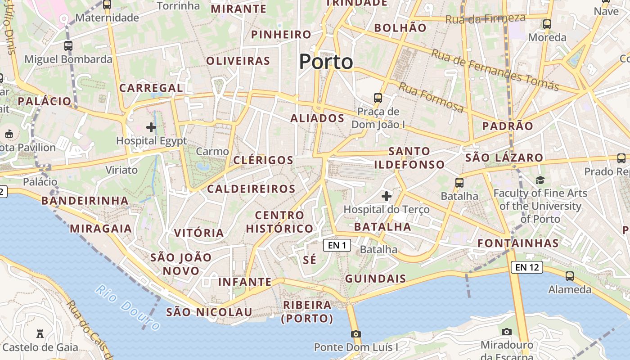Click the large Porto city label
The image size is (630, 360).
pyautogui.click(x=326, y=62)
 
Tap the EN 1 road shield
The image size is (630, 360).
pyautogui.click(x=337, y=245)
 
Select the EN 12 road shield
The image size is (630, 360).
pyautogui.click(x=526, y=267)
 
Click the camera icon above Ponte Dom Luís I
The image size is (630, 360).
pyautogui.click(x=356, y=334)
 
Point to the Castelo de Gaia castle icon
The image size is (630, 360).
pyautogui.click(x=40, y=334)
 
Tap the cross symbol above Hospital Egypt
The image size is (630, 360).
pyautogui.click(x=151, y=127)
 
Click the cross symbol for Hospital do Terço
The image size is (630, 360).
pyautogui.click(x=386, y=196)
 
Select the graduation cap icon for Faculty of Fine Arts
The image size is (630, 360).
pyautogui.click(x=540, y=180)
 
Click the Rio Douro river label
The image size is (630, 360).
pyautogui.click(x=128, y=308)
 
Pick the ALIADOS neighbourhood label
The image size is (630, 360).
pyautogui.click(x=317, y=118)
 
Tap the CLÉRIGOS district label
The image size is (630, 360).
pyautogui.click(x=263, y=160)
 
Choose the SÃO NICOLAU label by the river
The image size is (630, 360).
pyautogui.click(x=209, y=312)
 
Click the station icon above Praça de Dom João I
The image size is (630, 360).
pyautogui.click(x=378, y=98)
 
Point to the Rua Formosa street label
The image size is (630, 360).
pyautogui.click(x=431, y=98)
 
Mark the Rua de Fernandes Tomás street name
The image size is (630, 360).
pyautogui.click(x=495, y=70)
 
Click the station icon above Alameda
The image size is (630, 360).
pyautogui.click(x=570, y=276)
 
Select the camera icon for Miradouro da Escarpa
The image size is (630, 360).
pyautogui.click(x=507, y=332)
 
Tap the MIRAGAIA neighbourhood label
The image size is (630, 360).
pyautogui.click(x=101, y=229)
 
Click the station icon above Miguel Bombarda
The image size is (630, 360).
pyautogui.click(x=68, y=45)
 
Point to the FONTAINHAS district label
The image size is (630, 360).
pyautogui.click(x=518, y=243)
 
